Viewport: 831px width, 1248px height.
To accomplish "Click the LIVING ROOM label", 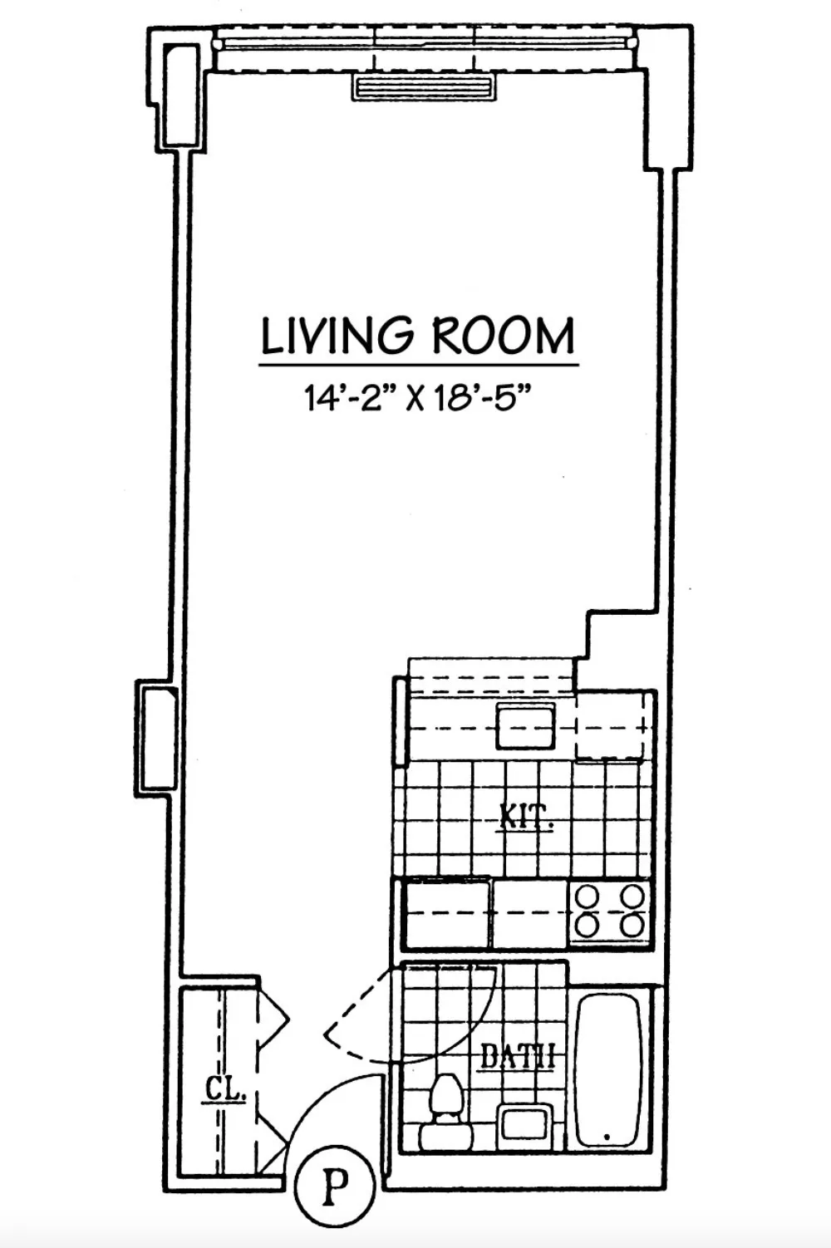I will [x=417, y=336].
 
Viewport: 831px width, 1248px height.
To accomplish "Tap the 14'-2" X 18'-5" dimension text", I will [x=417, y=400].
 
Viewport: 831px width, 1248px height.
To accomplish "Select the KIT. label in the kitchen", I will [x=526, y=817].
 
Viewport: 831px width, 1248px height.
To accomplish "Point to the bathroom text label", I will [x=518, y=1058].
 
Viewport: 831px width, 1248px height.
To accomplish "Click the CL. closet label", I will [x=224, y=1090].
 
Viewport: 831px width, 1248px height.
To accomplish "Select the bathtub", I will [x=609, y=1070].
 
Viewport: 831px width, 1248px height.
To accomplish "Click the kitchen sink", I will [x=526, y=725].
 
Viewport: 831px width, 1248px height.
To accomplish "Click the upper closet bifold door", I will [x=271, y=1015].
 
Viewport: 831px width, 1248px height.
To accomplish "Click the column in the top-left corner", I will [x=181, y=96].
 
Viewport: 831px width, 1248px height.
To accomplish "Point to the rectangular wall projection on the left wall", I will [x=156, y=736].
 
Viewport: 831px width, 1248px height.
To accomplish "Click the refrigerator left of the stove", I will [x=446, y=913].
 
